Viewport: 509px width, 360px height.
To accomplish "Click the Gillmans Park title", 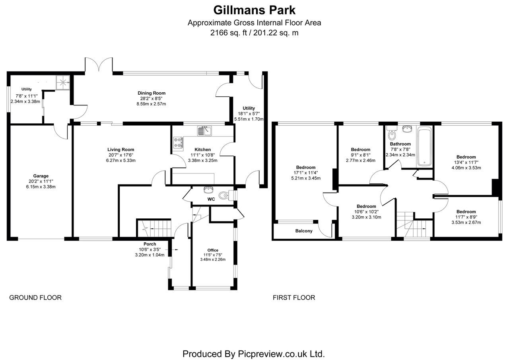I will pyautogui.click(x=254, y=9).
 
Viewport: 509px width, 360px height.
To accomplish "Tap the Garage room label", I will pyautogui.click(x=41, y=176).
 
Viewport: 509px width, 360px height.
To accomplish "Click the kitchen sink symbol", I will pyautogui.click(x=206, y=130).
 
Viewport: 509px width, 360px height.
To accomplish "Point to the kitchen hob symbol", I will pyautogui.click(x=178, y=143).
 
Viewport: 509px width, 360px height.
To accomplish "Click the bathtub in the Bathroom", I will pyautogui.click(x=425, y=146).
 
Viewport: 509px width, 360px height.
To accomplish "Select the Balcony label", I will pyautogui.click(x=304, y=231).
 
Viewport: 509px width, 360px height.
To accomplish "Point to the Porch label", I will pyautogui.click(x=150, y=244).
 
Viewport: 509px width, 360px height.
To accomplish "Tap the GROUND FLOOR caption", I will pyautogui.click(x=35, y=298).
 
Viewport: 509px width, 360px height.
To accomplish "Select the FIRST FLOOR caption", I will pyautogui.click(x=293, y=298).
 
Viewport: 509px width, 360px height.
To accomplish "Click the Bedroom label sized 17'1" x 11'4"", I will pyautogui.click(x=305, y=167).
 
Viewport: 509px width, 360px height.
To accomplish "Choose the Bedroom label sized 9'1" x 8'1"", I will pyautogui.click(x=360, y=150).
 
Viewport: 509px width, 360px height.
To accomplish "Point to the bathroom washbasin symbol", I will pyautogui.click(x=408, y=128).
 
